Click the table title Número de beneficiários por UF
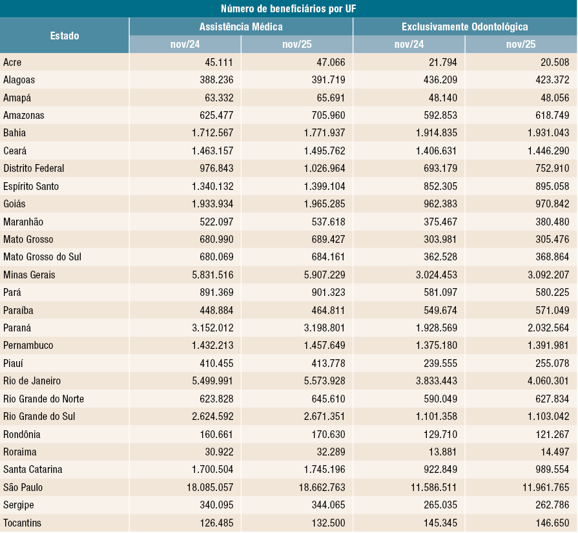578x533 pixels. tap(289, 8)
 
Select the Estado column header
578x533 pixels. tap(65, 36)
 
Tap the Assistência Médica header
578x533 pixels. tap(241, 26)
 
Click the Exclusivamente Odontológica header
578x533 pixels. tap(465, 26)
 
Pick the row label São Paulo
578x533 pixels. tap(23, 487)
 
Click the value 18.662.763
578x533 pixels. tap(320, 487)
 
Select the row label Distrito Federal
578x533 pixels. tap(34, 168)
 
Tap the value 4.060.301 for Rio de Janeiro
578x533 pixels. tap(544, 381)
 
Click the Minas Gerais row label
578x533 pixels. tap(29, 275)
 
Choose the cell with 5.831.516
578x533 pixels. tap(207, 275)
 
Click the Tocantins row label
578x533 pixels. tap(23, 523)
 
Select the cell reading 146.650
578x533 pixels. tap(548, 523)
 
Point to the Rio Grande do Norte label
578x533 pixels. tap(43, 399)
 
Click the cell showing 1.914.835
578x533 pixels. tap(431, 132)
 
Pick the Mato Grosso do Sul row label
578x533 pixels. tap(42, 257)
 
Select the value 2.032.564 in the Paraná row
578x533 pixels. tap(544, 328)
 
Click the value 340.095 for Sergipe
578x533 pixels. tap(212, 505)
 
